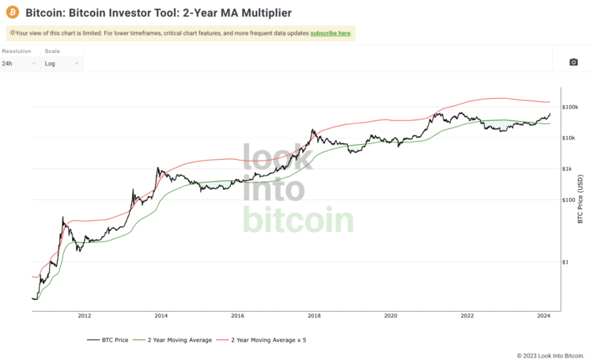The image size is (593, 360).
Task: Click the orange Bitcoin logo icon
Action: tap(13, 13)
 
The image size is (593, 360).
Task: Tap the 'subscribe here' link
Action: tap(330, 33)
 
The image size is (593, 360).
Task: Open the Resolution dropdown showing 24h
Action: tap(20, 63)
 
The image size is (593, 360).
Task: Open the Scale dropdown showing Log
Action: tap(61, 63)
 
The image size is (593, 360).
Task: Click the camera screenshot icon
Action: tap(573, 63)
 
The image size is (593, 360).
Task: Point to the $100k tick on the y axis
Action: tap(572, 107)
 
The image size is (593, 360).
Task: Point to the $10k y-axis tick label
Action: tap(570, 138)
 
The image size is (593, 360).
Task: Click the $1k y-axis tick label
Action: tap(568, 169)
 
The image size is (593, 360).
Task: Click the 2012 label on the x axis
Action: tap(85, 315)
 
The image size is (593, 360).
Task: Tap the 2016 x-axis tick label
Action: tap(237, 315)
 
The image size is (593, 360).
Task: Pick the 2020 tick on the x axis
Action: tap(391, 315)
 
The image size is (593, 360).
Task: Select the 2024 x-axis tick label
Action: tap(543, 315)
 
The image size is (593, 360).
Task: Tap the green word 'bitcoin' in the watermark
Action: tap(297, 219)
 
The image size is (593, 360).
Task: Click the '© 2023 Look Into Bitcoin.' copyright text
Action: tap(550, 354)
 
